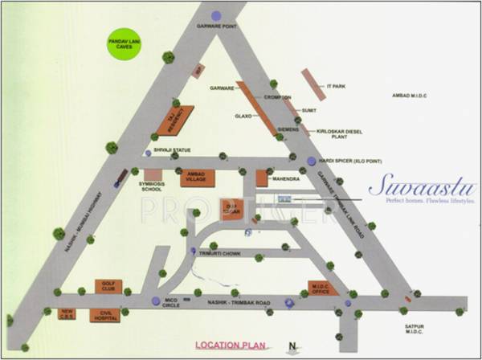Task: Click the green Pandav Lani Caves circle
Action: pos(125,47)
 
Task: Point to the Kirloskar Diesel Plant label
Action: pos(338,132)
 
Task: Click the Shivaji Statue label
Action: pos(172,150)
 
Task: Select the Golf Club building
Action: pos(106,287)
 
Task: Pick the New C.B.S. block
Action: pos(68,313)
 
